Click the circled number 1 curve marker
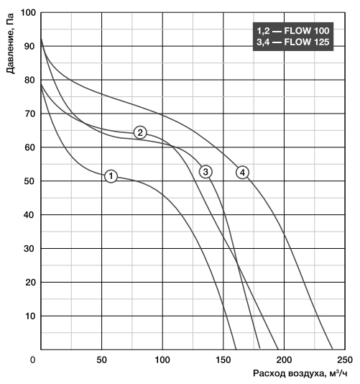[111, 176]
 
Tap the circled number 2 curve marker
[140, 132]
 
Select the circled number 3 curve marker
[206, 172]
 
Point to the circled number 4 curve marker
[242, 173]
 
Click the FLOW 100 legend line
[293, 31]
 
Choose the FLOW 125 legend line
[293, 42]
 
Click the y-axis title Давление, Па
[10, 43]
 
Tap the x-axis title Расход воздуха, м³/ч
[300, 373]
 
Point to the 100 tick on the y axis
[28, 12]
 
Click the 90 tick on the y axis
[29, 46]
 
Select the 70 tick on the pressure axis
[29, 114]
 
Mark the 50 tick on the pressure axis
[29, 181]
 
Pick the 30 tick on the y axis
[29, 249]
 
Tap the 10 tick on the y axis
[30, 316]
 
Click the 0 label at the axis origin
[32, 360]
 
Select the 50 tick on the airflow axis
[101, 360]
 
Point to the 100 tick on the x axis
[162, 360]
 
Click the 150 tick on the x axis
[223, 360]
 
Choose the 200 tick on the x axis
[284, 360]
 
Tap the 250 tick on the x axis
[345, 360]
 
